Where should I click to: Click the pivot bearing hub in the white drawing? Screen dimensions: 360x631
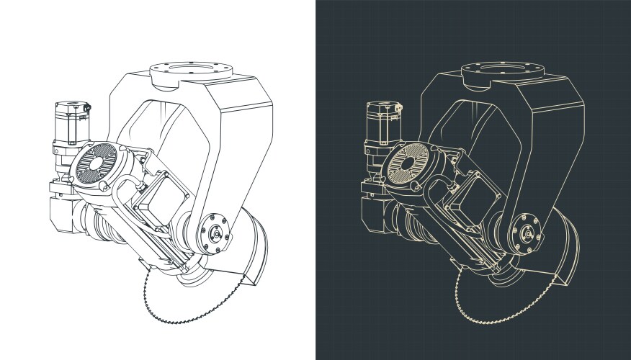[213, 232]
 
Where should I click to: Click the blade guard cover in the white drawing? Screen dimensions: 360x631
[256, 248]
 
